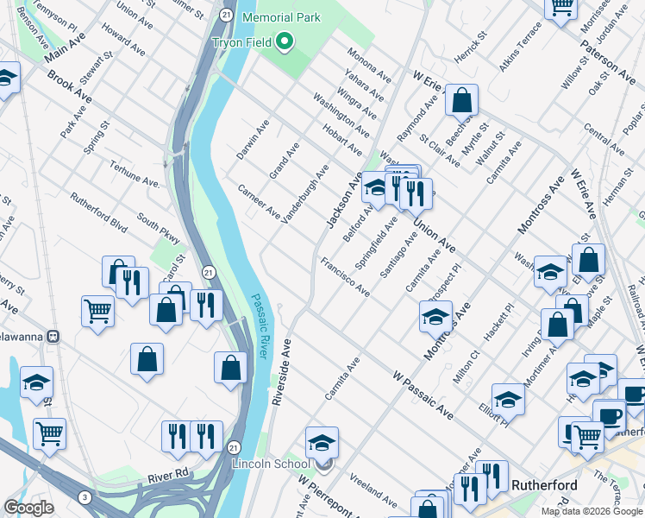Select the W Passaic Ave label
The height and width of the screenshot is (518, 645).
[423, 391]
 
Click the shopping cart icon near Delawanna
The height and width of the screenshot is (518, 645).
[97, 311]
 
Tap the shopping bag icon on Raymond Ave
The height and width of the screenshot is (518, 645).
[462, 100]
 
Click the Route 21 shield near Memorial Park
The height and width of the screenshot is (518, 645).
[225, 15]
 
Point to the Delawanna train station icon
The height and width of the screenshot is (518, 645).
[53, 335]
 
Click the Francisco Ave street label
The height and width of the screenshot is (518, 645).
[345, 276]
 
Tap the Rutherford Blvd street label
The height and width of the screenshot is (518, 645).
[99, 212]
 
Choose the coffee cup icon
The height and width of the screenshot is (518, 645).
[611, 415]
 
